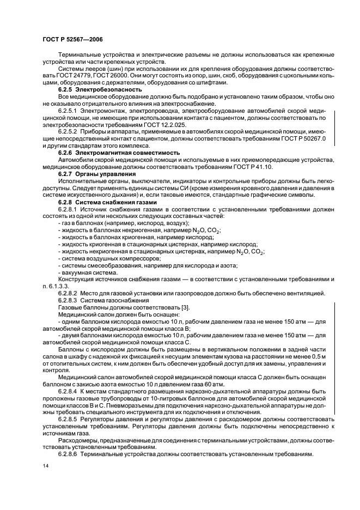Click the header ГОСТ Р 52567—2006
pos(72,39)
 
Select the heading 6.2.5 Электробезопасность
pos(92,89)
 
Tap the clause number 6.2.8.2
pos(69,294)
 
